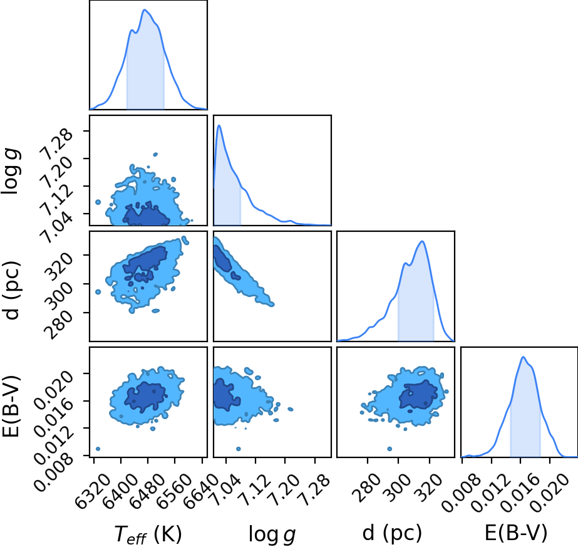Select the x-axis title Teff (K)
pos(148,534)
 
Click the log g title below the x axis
pos(272,534)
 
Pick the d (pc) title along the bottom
pos(392,533)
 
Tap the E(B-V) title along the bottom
pos(516,533)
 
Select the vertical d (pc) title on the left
pos(11,290)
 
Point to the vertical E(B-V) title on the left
pos(11,407)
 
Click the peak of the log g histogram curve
pos(219,125)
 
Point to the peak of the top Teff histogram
pos(145,10)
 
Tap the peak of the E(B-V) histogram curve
pos(523,357)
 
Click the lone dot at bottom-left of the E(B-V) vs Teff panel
pos(98,449)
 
